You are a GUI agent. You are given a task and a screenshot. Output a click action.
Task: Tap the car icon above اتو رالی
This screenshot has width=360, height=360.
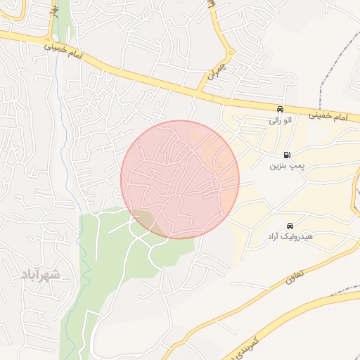(x=280, y=109)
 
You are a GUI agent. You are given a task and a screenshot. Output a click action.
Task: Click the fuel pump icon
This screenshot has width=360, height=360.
(x=287, y=155)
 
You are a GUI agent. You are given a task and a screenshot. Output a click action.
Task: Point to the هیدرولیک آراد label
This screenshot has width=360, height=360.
(x=290, y=238)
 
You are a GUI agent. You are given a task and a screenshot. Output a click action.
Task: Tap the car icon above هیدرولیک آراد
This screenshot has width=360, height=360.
(x=290, y=226)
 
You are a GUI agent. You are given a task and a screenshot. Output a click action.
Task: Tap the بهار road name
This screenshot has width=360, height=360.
(x=53, y=11)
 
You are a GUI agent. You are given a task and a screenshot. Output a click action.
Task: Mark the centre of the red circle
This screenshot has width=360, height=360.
(x=180, y=179)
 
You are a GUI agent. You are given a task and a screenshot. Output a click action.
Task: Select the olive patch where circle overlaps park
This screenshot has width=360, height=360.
(x=144, y=219)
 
